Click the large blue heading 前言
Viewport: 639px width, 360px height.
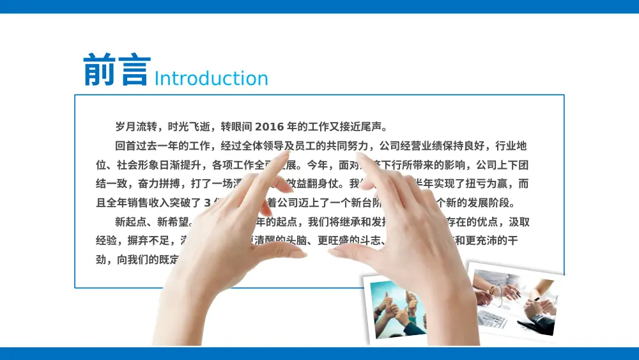coord(117,71)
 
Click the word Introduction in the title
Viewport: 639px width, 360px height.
coord(211,79)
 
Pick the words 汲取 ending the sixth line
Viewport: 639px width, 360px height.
coord(519,223)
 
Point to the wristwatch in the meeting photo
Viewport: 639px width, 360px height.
coord(538,317)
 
